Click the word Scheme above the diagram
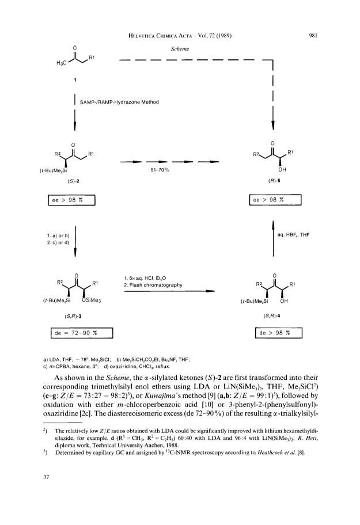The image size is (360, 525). [180, 49]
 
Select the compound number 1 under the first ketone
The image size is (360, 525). [75, 79]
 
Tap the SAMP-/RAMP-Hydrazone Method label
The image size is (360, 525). [119, 102]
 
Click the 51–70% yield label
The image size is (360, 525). [160, 170]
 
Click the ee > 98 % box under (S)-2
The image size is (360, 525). [71, 200]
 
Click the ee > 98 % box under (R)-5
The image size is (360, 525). [275, 200]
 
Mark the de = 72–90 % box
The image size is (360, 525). [82, 333]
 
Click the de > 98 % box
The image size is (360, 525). [279, 333]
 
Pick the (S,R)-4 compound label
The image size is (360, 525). [272, 315]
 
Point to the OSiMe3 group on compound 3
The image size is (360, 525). [92, 300]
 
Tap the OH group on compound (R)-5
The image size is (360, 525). [282, 169]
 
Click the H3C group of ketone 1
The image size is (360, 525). [60, 63]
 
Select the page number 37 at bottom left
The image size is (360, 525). [46, 477]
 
